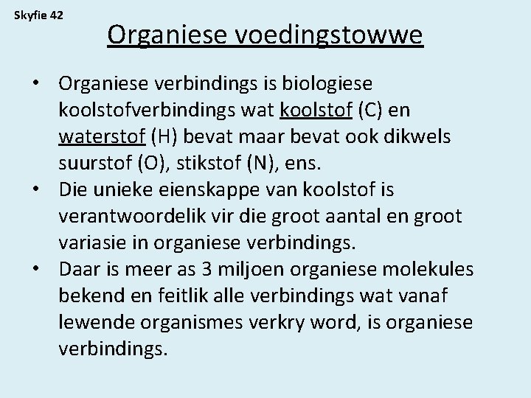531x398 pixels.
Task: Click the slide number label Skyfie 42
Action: [x=39, y=14]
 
